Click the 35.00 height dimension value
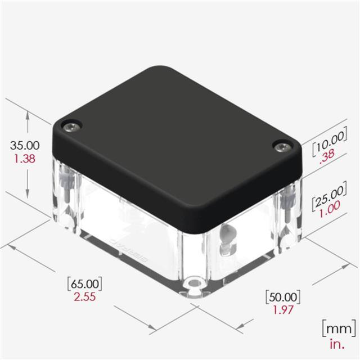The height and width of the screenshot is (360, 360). click(x=24, y=146)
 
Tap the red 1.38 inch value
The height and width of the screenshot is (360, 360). click(x=24, y=158)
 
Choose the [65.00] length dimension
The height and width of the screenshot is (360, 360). click(x=84, y=283)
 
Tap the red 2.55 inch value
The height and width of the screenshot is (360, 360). click(x=84, y=296)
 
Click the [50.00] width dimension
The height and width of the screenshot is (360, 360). click(x=282, y=296)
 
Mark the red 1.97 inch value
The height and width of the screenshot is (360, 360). click(x=282, y=309)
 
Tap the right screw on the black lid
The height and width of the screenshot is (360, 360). click(x=282, y=147)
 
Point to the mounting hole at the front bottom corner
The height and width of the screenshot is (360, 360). click(x=195, y=282)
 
